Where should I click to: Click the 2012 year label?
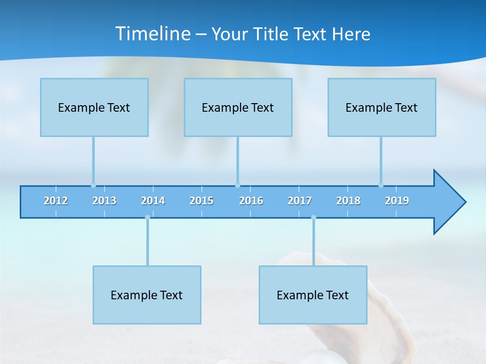pos(56,201)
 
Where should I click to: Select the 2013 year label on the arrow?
pos(104,201)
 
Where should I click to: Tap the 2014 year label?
pos(153,201)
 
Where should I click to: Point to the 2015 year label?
pos(201,201)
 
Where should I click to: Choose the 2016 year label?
pos(251,201)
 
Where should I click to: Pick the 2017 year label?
pos(300,201)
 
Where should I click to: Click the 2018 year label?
pos(348,201)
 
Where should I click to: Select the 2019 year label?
pos(397,201)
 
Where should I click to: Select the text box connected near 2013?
pos(94,107)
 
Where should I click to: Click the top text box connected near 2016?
pos(238,107)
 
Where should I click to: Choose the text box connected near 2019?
pos(382,107)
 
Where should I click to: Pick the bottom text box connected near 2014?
pos(147,295)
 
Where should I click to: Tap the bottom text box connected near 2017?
pos(313,295)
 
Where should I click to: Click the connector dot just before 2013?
pos(93,185)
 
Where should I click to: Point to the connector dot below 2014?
pos(147,217)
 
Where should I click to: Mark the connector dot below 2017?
pos(313,217)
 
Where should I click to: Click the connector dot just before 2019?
pos(381,185)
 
